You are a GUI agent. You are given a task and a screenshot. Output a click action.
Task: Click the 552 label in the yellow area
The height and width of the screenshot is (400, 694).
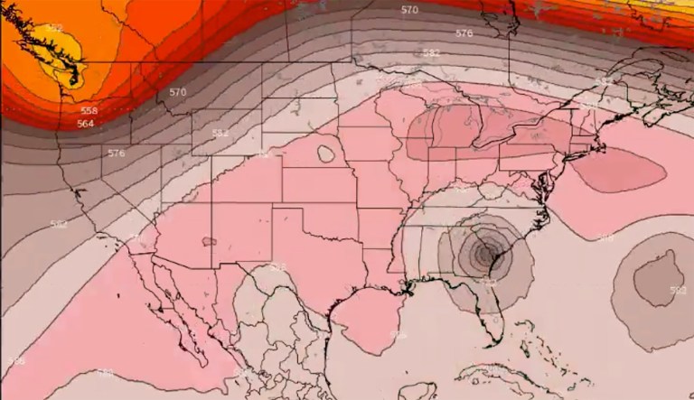[x=55, y=28]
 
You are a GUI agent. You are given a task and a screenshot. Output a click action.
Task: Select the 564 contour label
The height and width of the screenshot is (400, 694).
[x=85, y=124]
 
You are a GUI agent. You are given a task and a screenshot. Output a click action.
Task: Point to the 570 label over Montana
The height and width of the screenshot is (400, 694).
[x=177, y=92]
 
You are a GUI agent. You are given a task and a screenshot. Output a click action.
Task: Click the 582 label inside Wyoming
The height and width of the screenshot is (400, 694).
[x=220, y=133]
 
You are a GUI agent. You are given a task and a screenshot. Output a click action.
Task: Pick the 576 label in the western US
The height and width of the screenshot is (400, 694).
[x=116, y=153]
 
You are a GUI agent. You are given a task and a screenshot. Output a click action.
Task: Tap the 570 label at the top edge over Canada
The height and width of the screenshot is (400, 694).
[x=409, y=10]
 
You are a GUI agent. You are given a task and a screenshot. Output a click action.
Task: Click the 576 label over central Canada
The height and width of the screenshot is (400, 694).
[x=464, y=33]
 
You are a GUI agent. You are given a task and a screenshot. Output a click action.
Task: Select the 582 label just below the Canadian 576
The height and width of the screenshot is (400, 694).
[x=431, y=53]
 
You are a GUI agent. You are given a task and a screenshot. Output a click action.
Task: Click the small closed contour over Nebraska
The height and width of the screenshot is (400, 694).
[x=326, y=153]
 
